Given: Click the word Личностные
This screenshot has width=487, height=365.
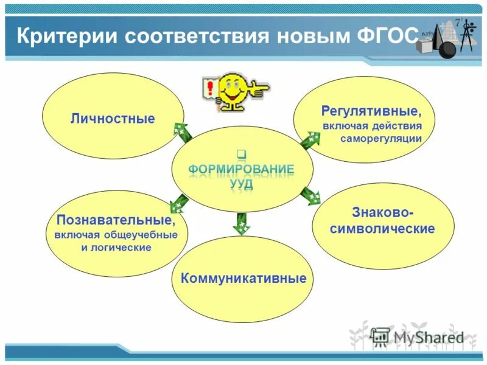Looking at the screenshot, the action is [x=113, y=119].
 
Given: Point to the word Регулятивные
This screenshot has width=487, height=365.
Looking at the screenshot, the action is [x=371, y=112].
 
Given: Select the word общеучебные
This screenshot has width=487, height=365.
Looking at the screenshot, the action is [x=146, y=234].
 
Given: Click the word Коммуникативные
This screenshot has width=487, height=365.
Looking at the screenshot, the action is [x=243, y=279].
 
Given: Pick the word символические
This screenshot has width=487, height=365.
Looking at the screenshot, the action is [x=383, y=229].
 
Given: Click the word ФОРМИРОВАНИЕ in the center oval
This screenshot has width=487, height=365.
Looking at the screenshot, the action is [x=242, y=169].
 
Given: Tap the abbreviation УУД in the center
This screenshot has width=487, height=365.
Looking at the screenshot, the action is [x=241, y=184].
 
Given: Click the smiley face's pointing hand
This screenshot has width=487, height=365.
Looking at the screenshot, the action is [x=259, y=89].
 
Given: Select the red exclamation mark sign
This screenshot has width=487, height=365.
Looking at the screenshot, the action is [x=211, y=89].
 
